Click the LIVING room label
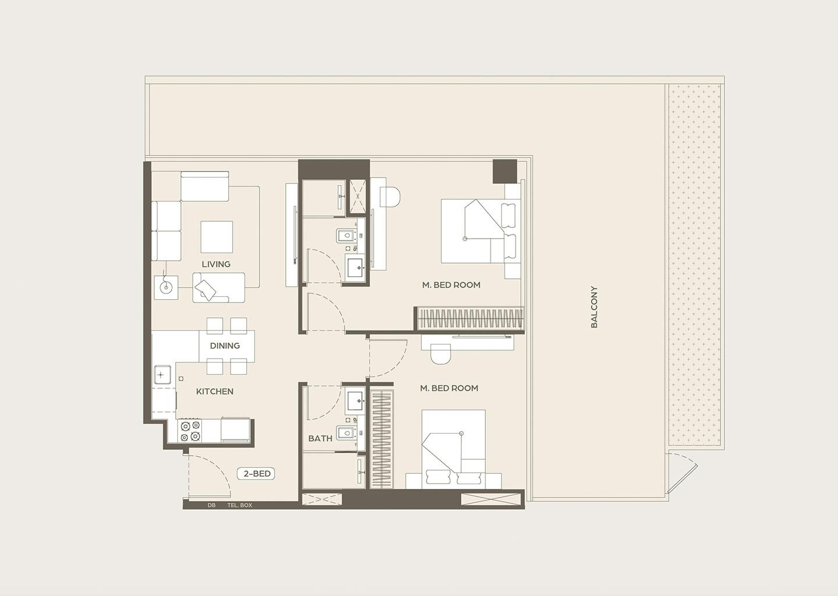pos(216,264)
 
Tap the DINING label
pos(225,346)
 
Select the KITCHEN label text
pos(215,391)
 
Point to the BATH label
pos(320,438)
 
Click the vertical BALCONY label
pos(594,307)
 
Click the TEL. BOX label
pos(240,505)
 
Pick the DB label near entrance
pos(212,505)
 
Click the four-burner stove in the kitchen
pos(190,431)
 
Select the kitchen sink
pos(162,374)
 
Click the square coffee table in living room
pos(216,237)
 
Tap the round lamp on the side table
pos(166,288)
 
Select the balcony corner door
pos(682,473)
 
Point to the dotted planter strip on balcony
pos(695,265)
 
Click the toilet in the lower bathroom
pos(347,433)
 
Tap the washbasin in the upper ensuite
pos(356,267)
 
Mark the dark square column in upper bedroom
pos(505,171)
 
